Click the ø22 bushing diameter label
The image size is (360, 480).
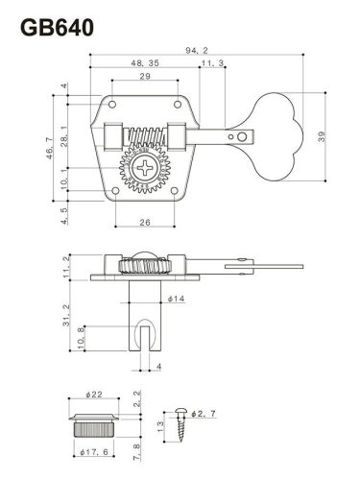(93, 396)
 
